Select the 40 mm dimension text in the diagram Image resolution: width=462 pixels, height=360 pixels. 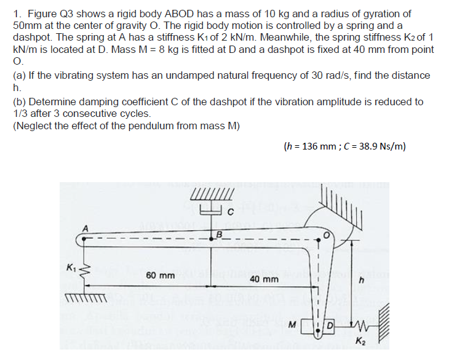point(264,279)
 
